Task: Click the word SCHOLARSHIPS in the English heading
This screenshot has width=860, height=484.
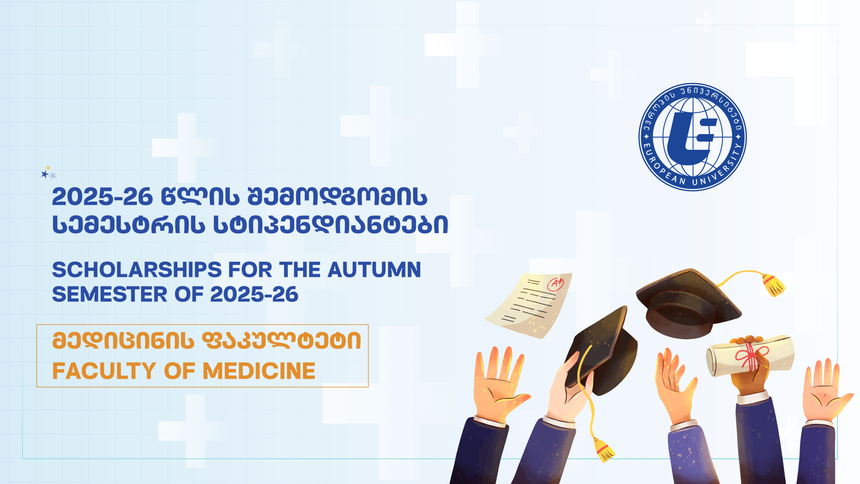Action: [137, 270]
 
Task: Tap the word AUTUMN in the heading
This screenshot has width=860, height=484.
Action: [374, 270]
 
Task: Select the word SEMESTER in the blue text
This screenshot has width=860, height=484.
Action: [110, 294]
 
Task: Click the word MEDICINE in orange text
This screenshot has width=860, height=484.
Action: [259, 371]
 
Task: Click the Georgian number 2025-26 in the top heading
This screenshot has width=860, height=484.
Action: [102, 197]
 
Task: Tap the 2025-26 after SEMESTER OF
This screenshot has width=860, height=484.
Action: [254, 294]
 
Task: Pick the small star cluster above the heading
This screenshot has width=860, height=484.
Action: [49, 173]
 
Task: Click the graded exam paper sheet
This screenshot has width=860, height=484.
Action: [529, 304]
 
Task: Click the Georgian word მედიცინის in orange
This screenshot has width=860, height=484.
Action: [123, 340]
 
